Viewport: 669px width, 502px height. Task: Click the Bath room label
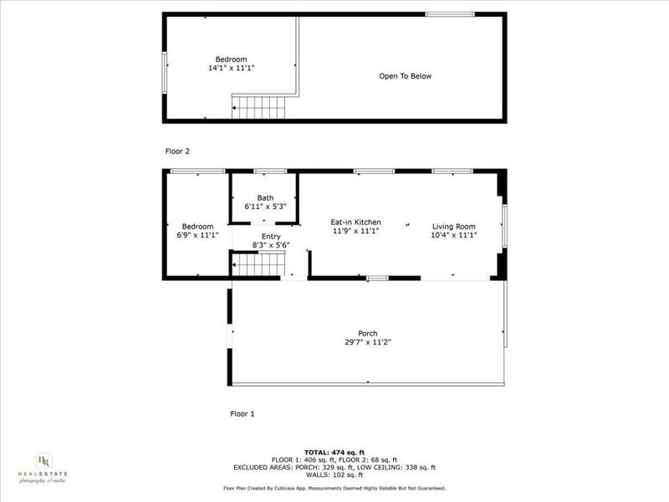pyautogui.click(x=265, y=197)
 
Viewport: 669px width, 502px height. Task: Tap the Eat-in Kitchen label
pyautogui.click(x=356, y=222)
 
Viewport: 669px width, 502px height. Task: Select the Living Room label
pyautogui.click(x=454, y=226)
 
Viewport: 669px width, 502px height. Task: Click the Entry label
pyautogui.click(x=271, y=237)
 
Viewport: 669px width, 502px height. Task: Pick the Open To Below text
pyautogui.click(x=405, y=76)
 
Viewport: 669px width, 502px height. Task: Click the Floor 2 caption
pyautogui.click(x=177, y=151)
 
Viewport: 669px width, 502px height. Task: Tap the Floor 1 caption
pyautogui.click(x=242, y=413)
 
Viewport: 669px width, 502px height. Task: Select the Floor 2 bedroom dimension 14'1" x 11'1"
pyautogui.click(x=231, y=68)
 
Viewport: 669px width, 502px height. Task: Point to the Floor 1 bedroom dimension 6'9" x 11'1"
pyautogui.click(x=198, y=235)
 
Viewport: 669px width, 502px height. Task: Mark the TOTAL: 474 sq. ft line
pyautogui.click(x=334, y=453)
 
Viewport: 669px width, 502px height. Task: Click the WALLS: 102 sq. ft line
pyautogui.click(x=334, y=475)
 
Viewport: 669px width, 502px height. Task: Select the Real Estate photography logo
pyautogui.click(x=43, y=467)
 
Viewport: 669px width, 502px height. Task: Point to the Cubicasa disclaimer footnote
pyautogui.click(x=334, y=488)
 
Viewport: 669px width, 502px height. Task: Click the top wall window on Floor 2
pyautogui.click(x=450, y=14)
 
